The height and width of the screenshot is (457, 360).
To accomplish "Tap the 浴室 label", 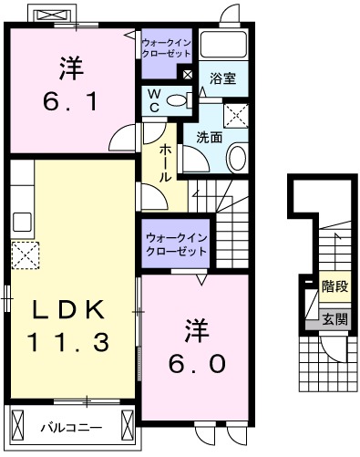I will click(x=223, y=79).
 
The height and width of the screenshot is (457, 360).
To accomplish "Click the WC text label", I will click(x=153, y=99).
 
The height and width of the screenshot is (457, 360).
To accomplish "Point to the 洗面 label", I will click(x=210, y=139).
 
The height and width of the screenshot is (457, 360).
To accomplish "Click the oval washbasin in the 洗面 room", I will click(x=235, y=156).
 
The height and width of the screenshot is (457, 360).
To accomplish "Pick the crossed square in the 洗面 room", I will click(x=239, y=113).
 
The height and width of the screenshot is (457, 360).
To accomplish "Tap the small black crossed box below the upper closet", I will click(x=187, y=74).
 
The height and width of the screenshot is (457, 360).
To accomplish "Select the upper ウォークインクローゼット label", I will click(x=166, y=47).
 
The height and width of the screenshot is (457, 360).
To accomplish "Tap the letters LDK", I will click(x=69, y=309).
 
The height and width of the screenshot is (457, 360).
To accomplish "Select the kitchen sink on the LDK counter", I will click(x=21, y=219).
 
